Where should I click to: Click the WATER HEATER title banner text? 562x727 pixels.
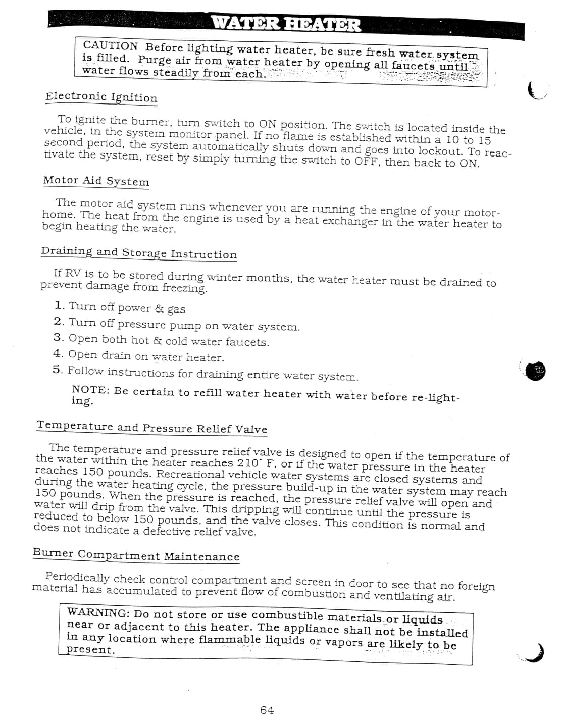click(x=285, y=24)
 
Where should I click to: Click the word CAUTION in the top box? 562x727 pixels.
click(x=110, y=45)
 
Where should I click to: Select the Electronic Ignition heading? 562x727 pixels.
click(x=101, y=97)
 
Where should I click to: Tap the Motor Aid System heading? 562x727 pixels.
click(x=96, y=181)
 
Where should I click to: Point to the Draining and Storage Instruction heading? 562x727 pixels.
click(x=139, y=252)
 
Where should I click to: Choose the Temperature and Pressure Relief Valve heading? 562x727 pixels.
click(x=151, y=428)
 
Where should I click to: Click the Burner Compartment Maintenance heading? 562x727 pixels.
click(x=136, y=555)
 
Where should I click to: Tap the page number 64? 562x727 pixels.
click(x=267, y=710)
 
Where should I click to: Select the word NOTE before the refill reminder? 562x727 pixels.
click(x=89, y=390)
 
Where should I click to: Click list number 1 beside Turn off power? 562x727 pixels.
click(x=59, y=306)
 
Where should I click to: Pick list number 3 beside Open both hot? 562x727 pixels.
click(x=58, y=338)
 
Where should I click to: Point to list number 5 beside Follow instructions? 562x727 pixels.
click(x=57, y=370)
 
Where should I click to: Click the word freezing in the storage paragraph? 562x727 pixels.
click(x=184, y=288)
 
